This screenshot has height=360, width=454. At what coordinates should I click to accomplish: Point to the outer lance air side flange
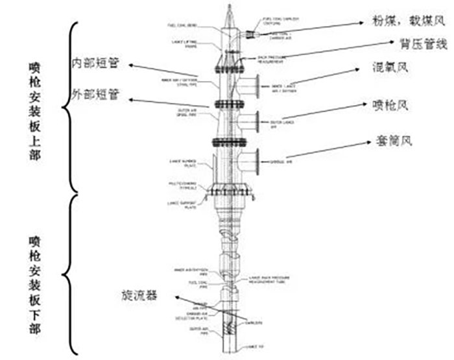(257, 120)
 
